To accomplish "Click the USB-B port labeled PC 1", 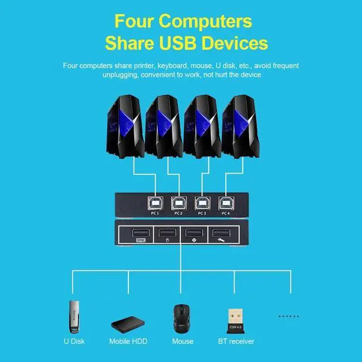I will (x=154, y=202).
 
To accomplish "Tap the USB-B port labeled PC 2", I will (x=179, y=202).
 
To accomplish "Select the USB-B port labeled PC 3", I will (x=202, y=202).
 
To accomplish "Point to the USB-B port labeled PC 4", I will (x=227, y=202).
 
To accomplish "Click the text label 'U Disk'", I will (x=74, y=342).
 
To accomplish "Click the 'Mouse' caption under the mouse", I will (x=182, y=342).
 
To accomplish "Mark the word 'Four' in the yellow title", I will (x=133, y=21).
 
